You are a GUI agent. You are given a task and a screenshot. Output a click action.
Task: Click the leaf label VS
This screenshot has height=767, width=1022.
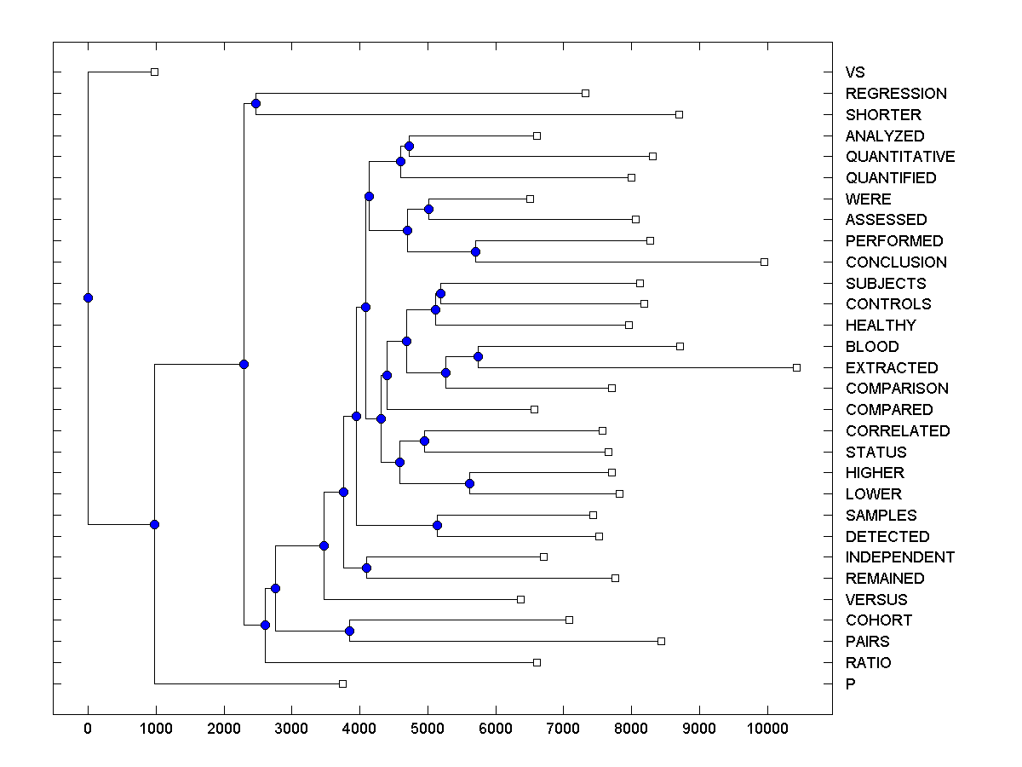click(854, 72)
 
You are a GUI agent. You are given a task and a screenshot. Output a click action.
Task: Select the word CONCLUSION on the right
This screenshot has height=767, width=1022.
click(896, 262)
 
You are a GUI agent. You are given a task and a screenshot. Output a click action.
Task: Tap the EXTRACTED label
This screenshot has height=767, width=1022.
click(892, 368)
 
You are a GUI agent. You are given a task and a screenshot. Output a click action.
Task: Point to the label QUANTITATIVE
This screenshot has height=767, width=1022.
click(900, 157)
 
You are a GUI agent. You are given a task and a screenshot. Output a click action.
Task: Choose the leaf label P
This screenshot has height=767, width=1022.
click(850, 684)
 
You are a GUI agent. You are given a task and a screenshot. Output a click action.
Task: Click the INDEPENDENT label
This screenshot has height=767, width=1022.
click(900, 557)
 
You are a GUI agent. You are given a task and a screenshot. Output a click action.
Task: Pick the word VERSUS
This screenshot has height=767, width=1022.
click(876, 600)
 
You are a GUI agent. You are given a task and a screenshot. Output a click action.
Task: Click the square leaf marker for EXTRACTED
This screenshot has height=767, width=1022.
click(796, 367)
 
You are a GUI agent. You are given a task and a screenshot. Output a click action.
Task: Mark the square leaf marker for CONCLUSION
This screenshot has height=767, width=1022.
click(764, 262)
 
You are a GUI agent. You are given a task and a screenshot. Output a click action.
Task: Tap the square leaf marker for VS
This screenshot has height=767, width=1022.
click(154, 72)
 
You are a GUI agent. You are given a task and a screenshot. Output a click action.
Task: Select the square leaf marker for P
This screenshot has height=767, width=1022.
click(342, 683)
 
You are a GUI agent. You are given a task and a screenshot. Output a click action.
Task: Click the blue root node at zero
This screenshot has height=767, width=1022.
click(88, 297)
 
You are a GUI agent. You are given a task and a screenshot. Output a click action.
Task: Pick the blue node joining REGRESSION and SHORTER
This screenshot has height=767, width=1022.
click(255, 103)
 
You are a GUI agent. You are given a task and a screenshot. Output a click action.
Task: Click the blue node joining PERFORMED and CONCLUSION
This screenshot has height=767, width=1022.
click(475, 251)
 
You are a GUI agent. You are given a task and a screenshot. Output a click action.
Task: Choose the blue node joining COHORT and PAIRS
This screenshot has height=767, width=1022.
click(349, 631)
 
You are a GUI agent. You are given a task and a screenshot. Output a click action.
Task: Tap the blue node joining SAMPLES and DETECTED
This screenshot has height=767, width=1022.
click(437, 525)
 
